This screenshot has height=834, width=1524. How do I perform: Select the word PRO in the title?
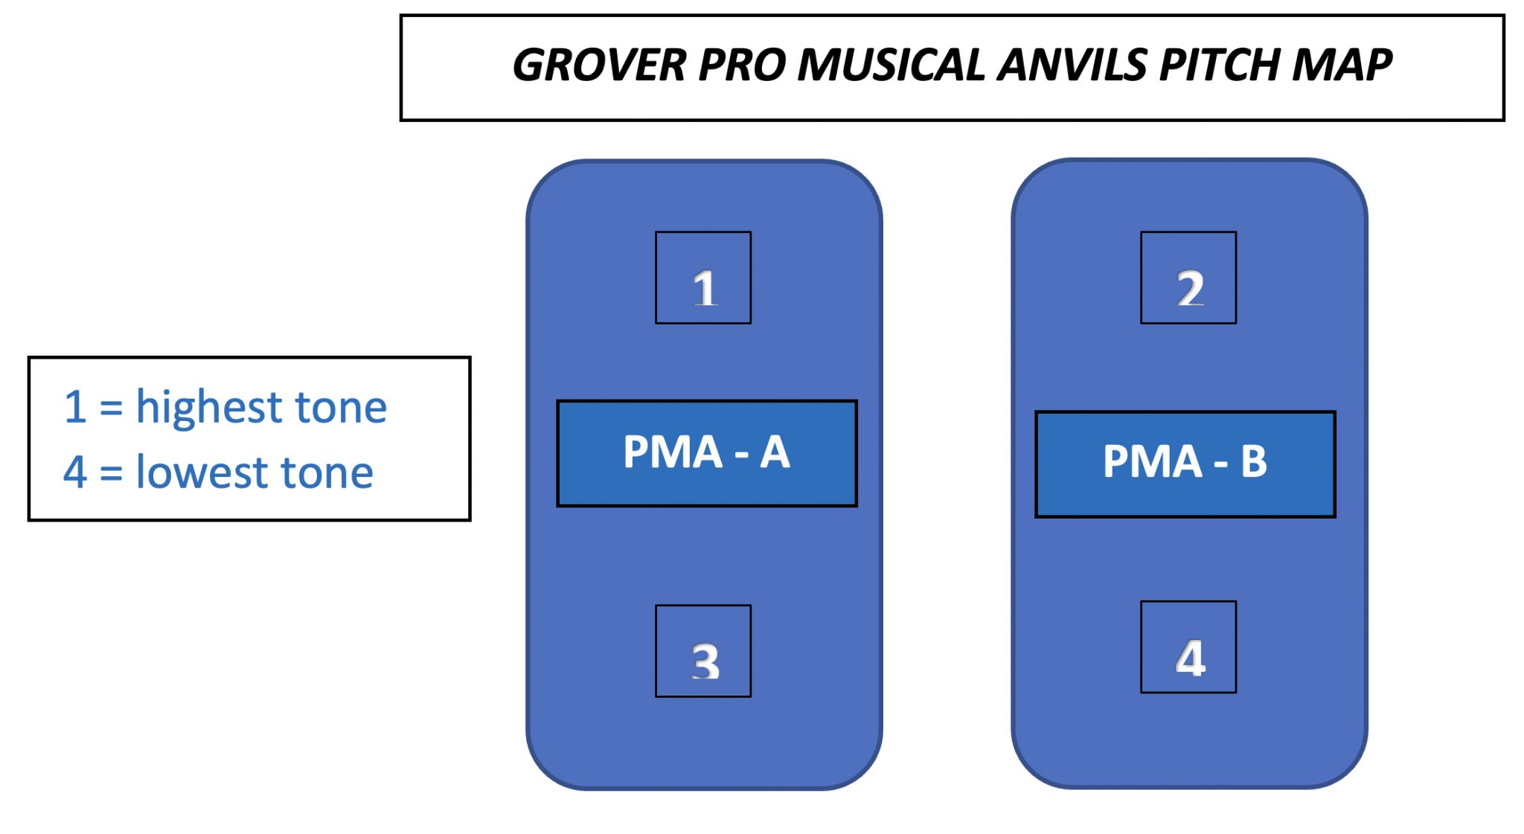[742, 65]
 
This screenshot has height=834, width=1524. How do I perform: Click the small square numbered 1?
[703, 278]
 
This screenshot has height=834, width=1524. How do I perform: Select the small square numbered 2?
[1188, 278]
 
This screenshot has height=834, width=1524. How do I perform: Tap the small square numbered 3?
[703, 651]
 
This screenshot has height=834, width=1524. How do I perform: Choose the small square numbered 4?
[1188, 647]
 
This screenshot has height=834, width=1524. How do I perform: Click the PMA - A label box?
[707, 454]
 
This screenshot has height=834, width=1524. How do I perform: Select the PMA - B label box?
[1185, 464]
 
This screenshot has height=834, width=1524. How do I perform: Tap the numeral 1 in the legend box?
[75, 408]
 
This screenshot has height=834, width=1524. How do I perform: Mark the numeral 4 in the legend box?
[75, 472]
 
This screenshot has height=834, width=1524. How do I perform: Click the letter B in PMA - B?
[1254, 461]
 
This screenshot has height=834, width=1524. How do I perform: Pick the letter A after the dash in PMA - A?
[775, 452]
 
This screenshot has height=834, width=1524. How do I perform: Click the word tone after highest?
[341, 408]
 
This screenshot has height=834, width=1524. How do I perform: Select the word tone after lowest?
[327, 472]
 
